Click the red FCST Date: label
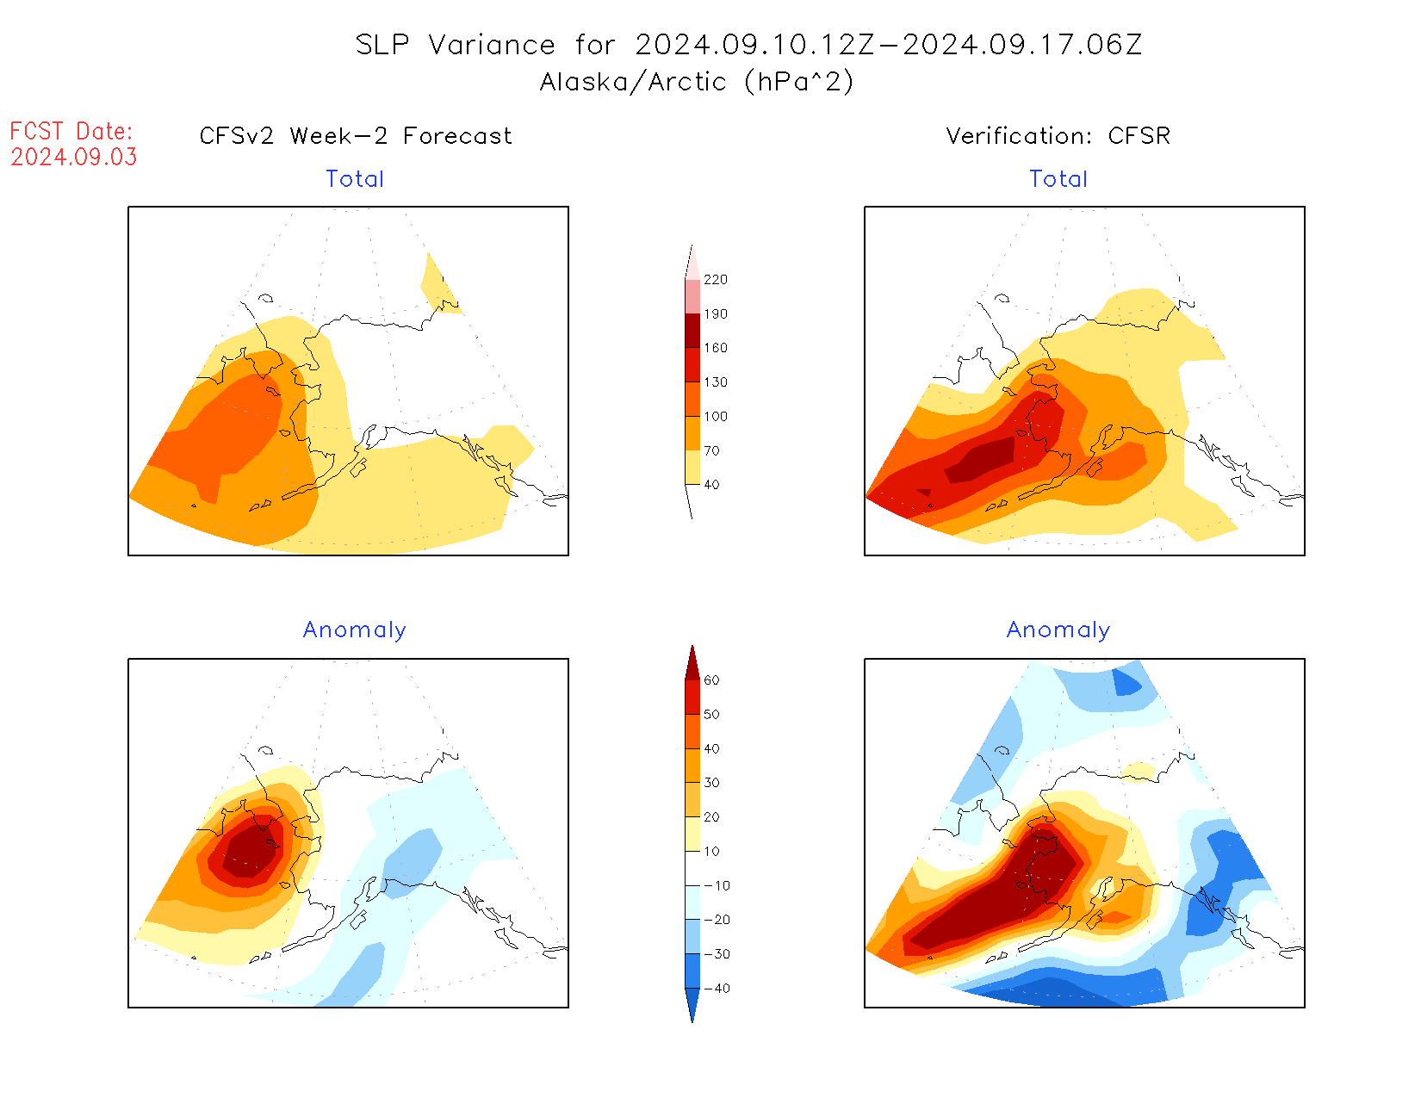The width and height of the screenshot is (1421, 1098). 71,132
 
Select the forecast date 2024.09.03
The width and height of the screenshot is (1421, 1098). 74,158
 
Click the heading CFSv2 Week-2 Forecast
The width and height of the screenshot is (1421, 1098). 356,136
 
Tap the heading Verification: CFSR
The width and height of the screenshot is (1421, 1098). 1058,136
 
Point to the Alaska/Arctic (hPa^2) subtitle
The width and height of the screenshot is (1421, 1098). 697,82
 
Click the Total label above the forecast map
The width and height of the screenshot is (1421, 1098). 355,179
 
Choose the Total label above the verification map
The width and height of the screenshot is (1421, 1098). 1058,179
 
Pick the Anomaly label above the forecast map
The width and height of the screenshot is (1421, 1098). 354,630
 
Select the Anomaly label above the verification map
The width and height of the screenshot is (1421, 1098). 1058,630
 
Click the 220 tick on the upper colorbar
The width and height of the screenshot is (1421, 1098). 715,280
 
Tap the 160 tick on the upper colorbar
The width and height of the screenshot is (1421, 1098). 715,348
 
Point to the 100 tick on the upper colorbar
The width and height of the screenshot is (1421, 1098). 715,417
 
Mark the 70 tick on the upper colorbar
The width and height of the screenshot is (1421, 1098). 711,450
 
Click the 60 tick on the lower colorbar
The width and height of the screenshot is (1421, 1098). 711,680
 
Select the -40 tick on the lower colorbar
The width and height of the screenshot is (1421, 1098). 717,989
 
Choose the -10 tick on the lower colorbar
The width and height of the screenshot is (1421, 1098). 717,886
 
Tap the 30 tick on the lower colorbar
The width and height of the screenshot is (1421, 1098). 711,783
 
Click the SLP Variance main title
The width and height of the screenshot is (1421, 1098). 748,45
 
